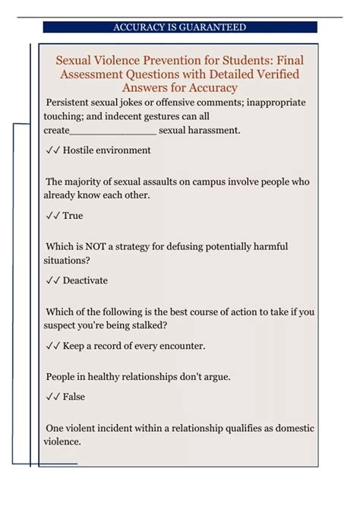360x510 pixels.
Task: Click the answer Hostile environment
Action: [106, 150]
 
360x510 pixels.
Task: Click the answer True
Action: [73, 216]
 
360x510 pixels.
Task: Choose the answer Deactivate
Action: [85, 280]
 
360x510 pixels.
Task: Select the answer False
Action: [74, 397]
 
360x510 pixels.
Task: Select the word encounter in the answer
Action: [181, 346]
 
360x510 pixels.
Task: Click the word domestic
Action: [291, 429]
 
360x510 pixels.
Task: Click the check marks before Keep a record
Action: [52, 346]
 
